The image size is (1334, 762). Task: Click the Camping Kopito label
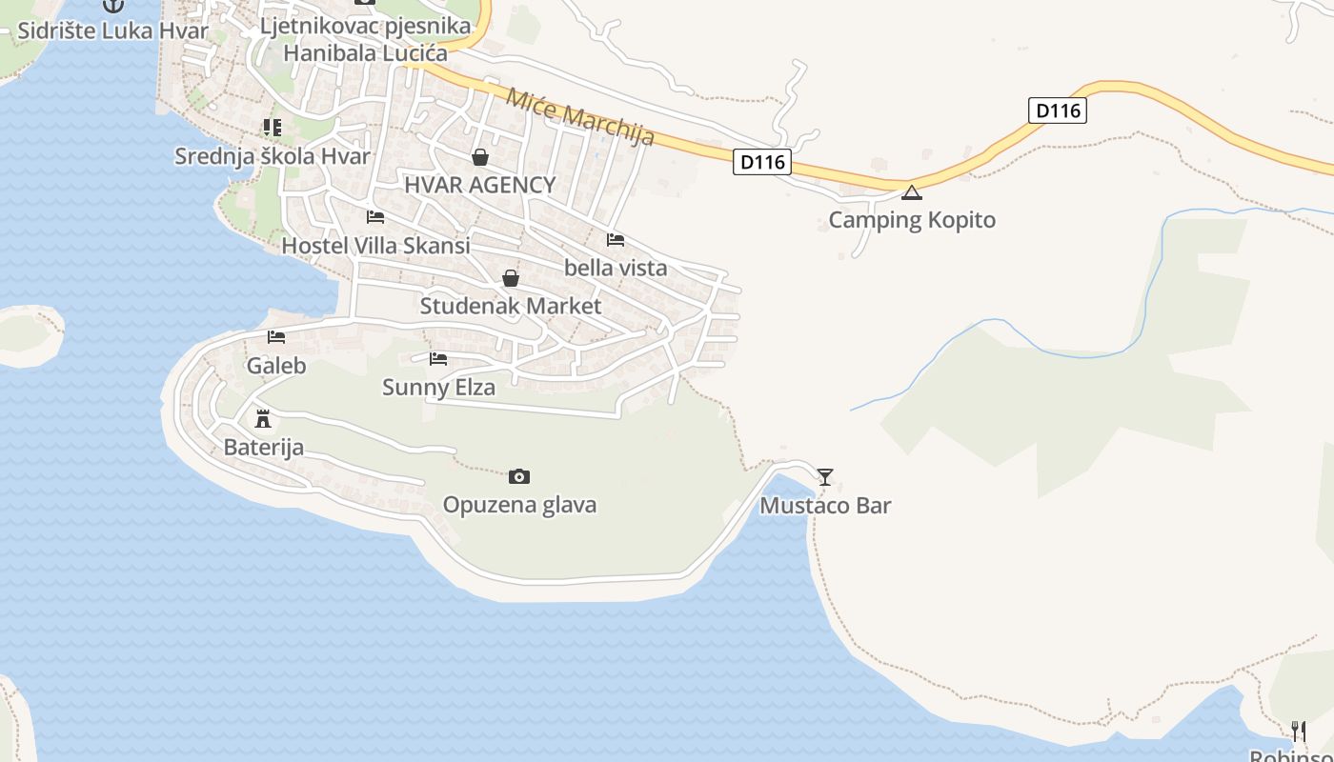[912, 220]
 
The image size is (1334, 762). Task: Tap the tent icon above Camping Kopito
[912, 193]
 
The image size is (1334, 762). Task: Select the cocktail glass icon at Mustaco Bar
[825, 476]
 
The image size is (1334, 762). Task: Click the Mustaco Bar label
[825, 505]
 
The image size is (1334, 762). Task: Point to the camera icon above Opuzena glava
[519, 476]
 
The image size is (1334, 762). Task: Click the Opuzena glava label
[519, 504]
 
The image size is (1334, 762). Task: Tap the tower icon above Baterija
[263, 418]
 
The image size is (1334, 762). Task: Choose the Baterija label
[263, 447]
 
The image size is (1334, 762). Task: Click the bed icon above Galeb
[276, 337]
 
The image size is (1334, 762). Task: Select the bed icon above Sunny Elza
[438, 359]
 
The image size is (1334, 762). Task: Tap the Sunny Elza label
[438, 387]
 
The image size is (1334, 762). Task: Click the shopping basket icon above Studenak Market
[511, 278]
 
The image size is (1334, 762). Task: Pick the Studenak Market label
[511, 306]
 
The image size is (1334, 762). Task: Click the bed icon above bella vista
[616, 240]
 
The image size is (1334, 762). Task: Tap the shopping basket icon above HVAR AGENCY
[480, 157]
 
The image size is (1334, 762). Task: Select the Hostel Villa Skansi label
[375, 246]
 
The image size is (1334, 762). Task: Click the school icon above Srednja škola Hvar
[273, 128]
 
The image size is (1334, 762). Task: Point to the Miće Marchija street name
[580, 117]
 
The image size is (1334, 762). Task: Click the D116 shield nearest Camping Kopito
[763, 162]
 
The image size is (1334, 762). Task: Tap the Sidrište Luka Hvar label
[112, 30]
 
